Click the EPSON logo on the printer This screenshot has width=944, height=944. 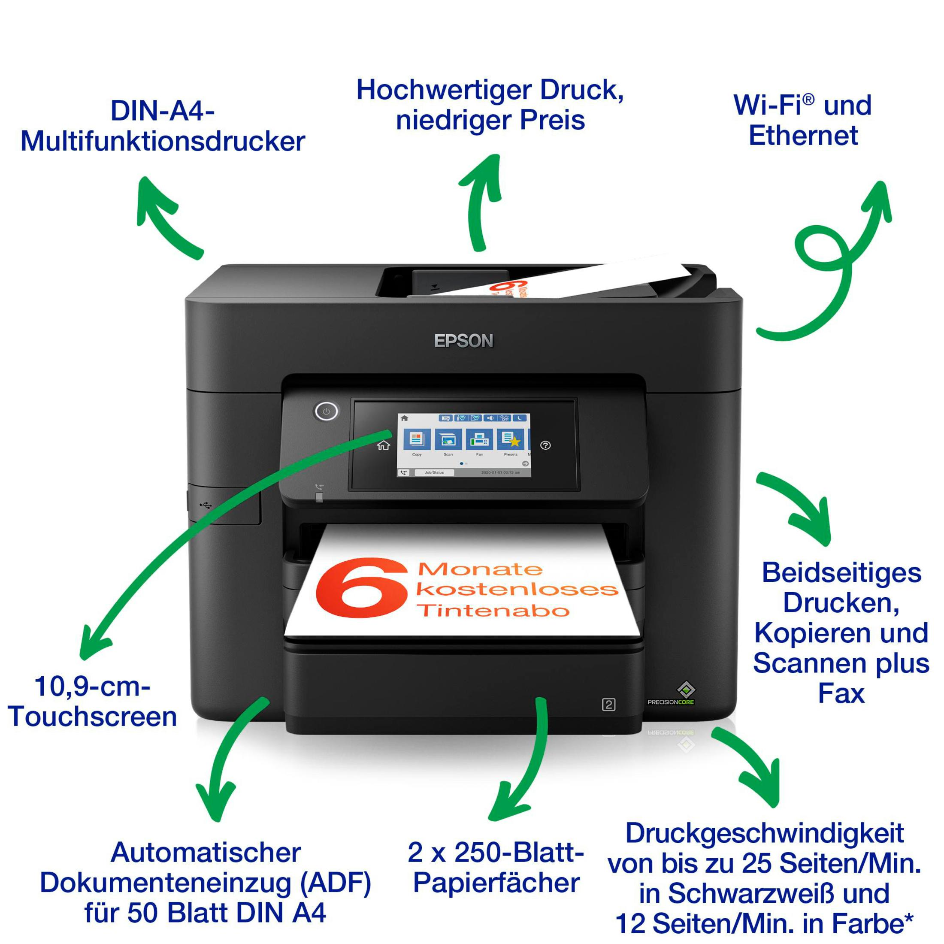(x=463, y=341)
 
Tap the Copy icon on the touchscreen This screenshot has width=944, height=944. (x=417, y=439)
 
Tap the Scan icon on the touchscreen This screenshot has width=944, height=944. (x=448, y=439)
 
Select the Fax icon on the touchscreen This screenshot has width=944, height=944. (x=479, y=439)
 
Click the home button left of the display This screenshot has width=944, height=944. (x=384, y=445)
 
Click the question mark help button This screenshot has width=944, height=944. (x=545, y=445)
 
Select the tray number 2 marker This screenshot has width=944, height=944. (x=608, y=705)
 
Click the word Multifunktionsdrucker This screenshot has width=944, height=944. (x=163, y=141)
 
